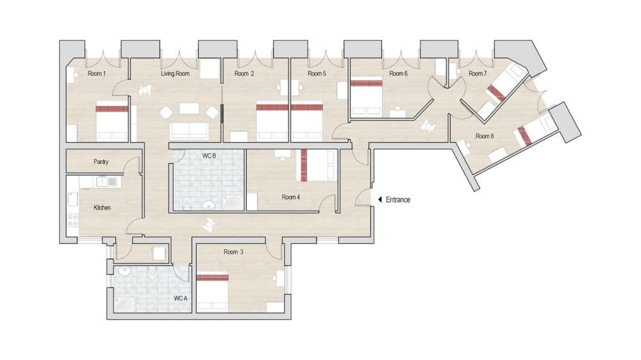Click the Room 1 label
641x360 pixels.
(x=97, y=74)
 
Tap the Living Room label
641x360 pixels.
(x=175, y=74)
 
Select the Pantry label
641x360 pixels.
(x=101, y=162)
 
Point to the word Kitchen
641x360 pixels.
(x=102, y=208)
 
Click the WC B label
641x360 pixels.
(x=209, y=156)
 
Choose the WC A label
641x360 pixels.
(x=180, y=299)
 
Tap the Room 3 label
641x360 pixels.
(x=233, y=252)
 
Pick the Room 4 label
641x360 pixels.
(x=290, y=197)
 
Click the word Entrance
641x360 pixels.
(x=398, y=200)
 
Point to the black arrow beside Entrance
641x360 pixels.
(x=379, y=200)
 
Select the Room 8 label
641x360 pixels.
(x=485, y=136)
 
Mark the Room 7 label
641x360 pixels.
(x=478, y=74)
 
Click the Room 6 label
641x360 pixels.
(x=398, y=74)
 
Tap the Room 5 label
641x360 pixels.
(x=317, y=74)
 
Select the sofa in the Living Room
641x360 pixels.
(x=189, y=131)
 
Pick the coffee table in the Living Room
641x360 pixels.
(x=189, y=108)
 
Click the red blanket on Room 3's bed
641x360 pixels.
(x=212, y=277)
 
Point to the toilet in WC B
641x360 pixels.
(x=187, y=202)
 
